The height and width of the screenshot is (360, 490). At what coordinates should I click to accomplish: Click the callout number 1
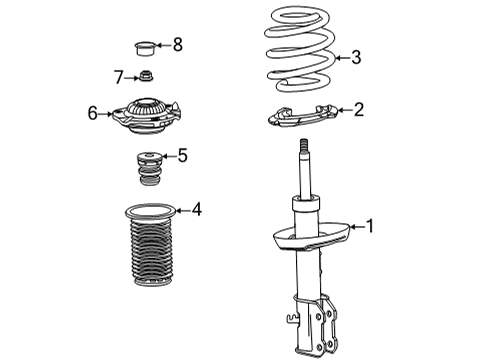[372, 227]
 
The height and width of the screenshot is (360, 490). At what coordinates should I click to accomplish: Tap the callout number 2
[359, 111]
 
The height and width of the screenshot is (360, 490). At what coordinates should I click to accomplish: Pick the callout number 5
[182, 154]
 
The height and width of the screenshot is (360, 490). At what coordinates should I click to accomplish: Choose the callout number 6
[92, 114]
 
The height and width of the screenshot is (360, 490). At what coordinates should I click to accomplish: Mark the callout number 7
[118, 77]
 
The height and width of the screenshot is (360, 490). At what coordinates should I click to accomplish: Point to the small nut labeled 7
[147, 78]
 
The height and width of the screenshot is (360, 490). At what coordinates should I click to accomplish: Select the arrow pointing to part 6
[107, 114]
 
